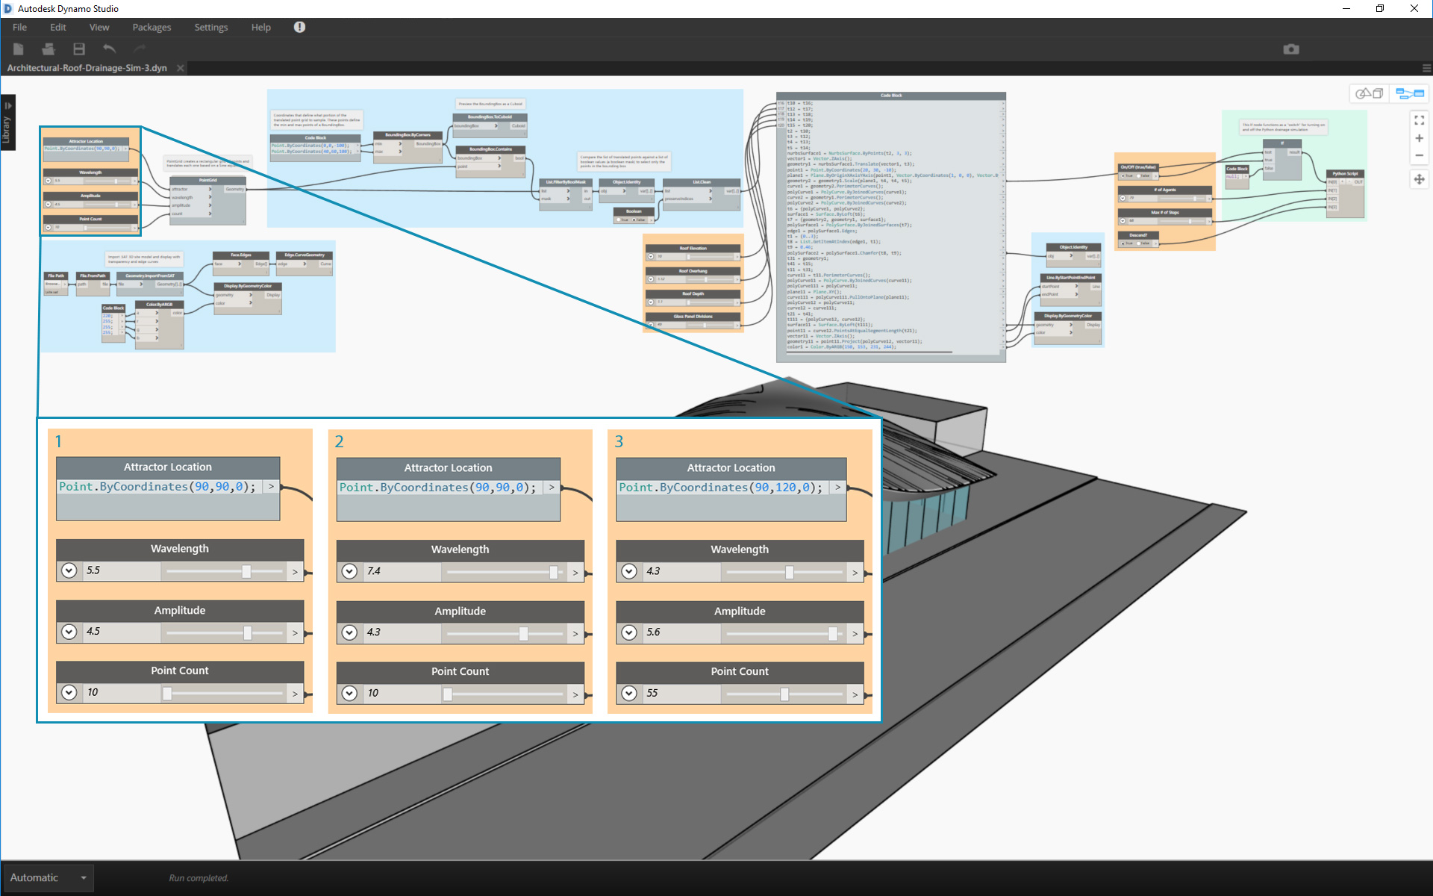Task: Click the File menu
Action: pos(19,28)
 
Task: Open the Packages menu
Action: pos(152,28)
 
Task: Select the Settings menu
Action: pos(211,28)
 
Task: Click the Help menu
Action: pos(260,28)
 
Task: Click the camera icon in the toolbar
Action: pos(1291,49)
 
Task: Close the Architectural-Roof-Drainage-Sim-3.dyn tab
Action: pos(180,68)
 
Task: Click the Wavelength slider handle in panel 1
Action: pos(246,572)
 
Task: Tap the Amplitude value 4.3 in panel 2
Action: pos(374,632)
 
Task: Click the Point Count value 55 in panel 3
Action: pos(652,694)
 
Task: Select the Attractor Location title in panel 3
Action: pos(731,468)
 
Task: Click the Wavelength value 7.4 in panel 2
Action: pos(374,571)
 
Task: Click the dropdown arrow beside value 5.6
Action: pos(629,632)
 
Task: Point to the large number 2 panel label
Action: pos(339,442)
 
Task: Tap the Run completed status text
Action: pos(199,878)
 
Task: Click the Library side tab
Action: pos(7,124)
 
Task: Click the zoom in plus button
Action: pos(1419,138)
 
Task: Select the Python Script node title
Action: pos(1345,174)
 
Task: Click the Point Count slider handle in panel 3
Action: pos(784,694)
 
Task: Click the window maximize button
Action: pos(1380,9)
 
